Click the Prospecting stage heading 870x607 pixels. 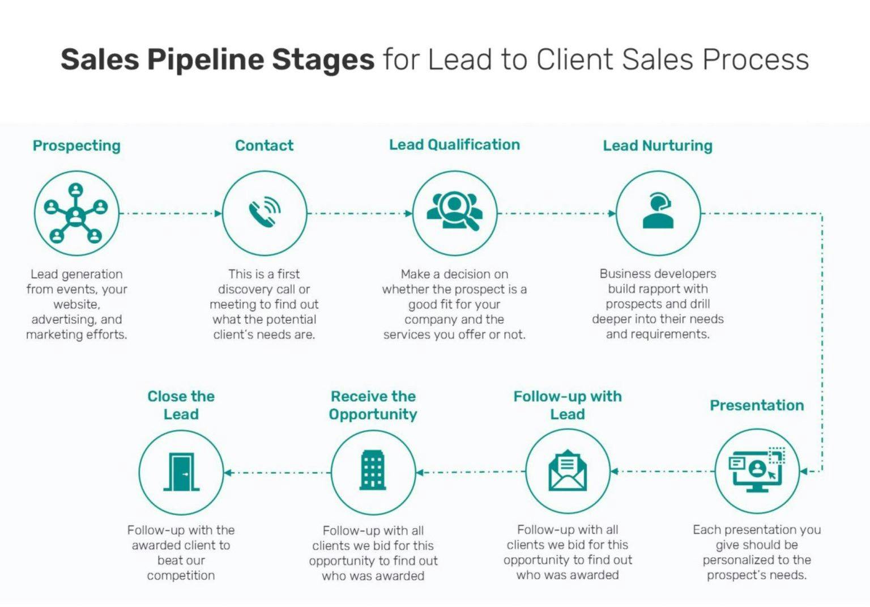pyautogui.click(x=76, y=146)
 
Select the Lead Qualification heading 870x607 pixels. pyautogui.click(x=454, y=145)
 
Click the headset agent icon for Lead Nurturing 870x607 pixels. pyautogui.click(x=658, y=210)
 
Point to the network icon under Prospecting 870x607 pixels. pyautogui.click(x=76, y=213)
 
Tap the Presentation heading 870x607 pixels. pyautogui.click(x=757, y=405)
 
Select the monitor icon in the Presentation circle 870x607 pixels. pyautogui.click(x=757, y=470)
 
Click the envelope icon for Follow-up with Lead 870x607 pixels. pyautogui.click(x=568, y=470)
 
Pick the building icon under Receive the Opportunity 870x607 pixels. pyautogui.click(x=373, y=470)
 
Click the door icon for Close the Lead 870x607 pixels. pyautogui.click(x=181, y=472)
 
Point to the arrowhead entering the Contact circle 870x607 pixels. pyautogui.click(x=218, y=213)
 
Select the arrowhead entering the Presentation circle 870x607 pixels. pyautogui.click(x=804, y=472)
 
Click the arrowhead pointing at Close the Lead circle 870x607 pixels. pyautogui.click(x=228, y=473)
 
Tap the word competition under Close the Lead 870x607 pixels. pyautogui.click(x=181, y=575)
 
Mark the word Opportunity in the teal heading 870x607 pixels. pyautogui.click(x=373, y=415)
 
